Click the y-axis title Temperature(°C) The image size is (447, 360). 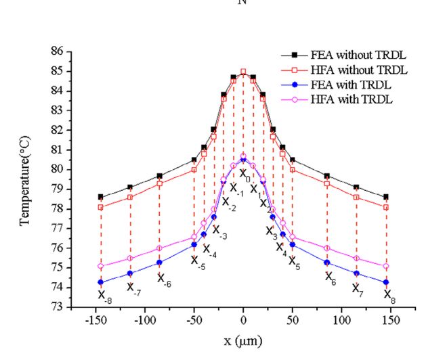tap(27, 179)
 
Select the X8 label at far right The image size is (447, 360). tap(389, 294)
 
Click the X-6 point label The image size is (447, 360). tap(164, 278)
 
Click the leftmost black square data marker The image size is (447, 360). tap(100, 197)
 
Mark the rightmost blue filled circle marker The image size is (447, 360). tap(386, 282)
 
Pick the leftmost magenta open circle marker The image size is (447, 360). tap(100, 267)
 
